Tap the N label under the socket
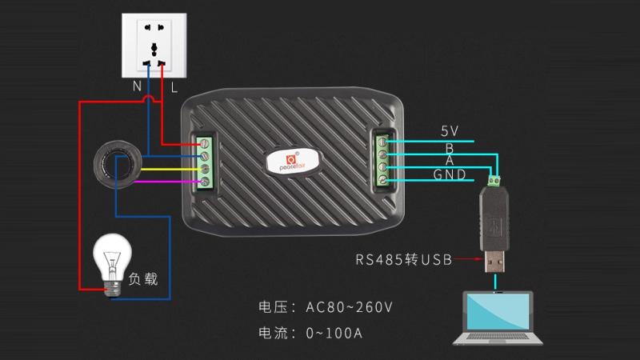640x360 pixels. point(138,82)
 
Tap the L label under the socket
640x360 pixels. point(174,82)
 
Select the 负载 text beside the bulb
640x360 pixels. point(143,279)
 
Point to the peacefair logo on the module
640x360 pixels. point(292,158)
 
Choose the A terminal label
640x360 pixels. point(450,161)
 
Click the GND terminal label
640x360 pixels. point(450,174)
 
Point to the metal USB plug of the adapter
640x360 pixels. point(494,260)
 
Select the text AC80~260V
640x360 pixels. point(349,307)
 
